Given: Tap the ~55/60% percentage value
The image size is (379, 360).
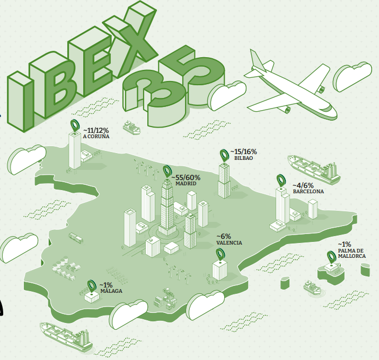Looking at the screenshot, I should pyautogui.click(x=186, y=177).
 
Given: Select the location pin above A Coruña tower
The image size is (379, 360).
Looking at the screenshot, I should pyautogui.click(x=75, y=126).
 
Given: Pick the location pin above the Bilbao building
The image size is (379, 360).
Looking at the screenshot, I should pyautogui.click(x=224, y=155).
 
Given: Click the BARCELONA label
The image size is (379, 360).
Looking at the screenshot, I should pyautogui.click(x=308, y=192).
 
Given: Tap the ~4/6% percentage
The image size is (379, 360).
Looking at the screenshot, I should pyautogui.click(x=304, y=185).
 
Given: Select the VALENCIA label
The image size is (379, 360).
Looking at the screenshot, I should pyautogui.click(x=229, y=242).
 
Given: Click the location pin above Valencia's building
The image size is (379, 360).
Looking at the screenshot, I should pyautogui.click(x=219, y=254).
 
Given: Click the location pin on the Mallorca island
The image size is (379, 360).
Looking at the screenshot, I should pyautogui.click(x=332, y=257).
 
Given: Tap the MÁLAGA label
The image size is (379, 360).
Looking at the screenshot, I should pyautogui.click(x=111, y=291).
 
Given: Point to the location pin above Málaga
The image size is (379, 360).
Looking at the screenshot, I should pyautogui.click(x=91, y=285).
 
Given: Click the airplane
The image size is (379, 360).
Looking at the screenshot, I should pyautogui.click(x=289, y=87).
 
